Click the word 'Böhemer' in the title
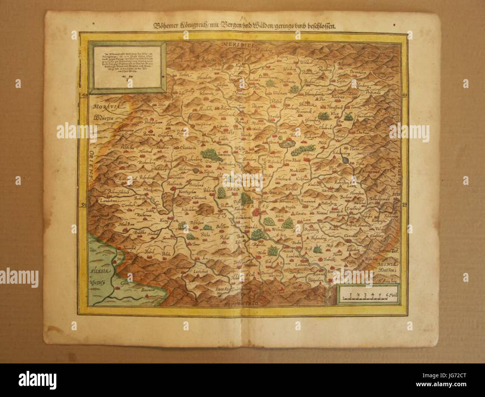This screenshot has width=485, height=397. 166,26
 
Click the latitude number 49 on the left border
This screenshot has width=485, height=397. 83,96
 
